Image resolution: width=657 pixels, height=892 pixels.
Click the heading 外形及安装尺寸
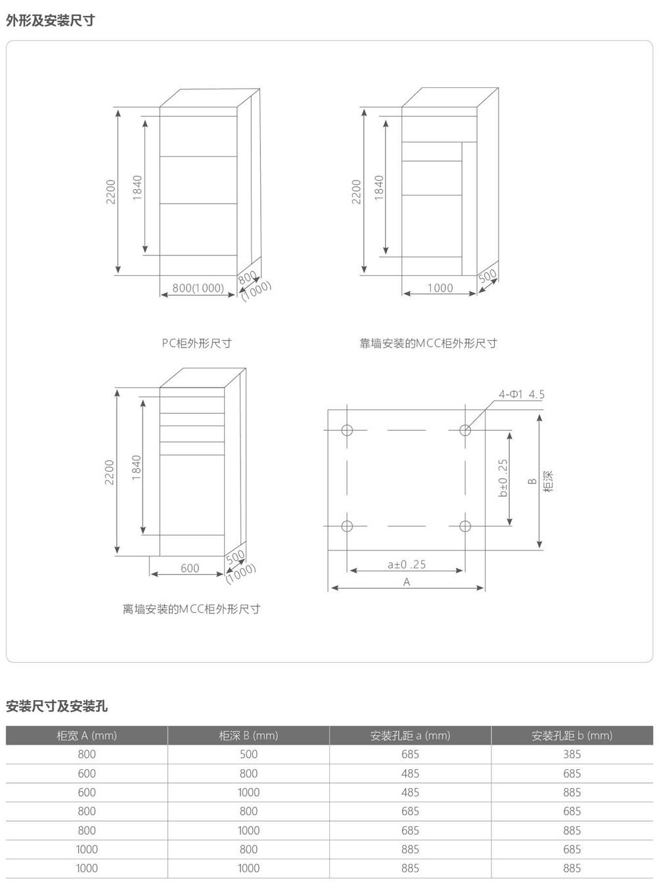[x=50, y=20]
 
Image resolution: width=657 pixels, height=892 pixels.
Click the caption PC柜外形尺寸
[x=196, y=344]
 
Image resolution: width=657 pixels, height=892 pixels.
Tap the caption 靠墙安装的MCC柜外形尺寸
[x=428, y=344]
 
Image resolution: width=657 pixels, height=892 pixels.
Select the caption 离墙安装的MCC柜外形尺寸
[x=191, y=609]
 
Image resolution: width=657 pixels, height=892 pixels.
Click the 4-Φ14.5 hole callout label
[x=521, y=394]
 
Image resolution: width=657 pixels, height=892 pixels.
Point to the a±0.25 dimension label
[x=407, y=564]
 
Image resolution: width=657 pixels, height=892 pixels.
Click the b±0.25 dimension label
[x=503, y=478]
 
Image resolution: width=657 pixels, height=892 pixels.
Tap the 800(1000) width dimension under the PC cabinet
[x=198, y=288]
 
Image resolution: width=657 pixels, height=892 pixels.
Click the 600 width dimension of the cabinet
[x=190, y=568]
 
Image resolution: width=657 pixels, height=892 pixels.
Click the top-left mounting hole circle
[x=347, y=430]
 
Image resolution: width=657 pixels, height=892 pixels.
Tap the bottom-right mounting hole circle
[x=465, y=526]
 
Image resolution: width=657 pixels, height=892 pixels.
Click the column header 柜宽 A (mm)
[x=87, y=736]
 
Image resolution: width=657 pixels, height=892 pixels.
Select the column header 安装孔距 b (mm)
[x=572, y=736]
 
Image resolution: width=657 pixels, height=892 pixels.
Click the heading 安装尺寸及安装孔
[x=57, y=706]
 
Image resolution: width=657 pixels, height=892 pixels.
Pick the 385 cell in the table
[x=572, y=754]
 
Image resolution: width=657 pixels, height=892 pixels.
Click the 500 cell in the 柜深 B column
[x=248, y=754]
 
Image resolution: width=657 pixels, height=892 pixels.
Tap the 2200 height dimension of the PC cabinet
[x=110, y=192]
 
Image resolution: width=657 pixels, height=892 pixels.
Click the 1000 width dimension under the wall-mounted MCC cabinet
[x=440, y=288]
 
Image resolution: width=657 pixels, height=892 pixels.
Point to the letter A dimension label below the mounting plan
[x=407, y=582]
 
